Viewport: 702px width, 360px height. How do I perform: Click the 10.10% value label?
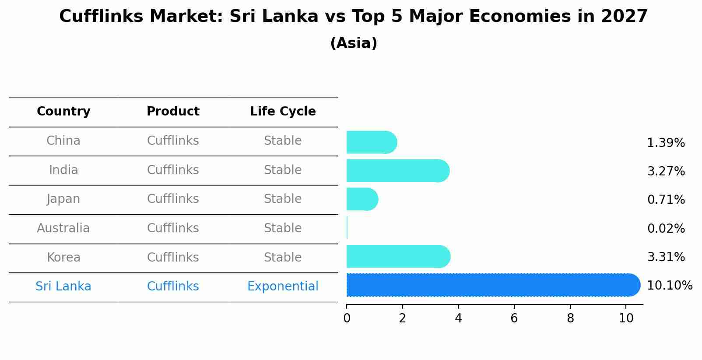pos(669,286)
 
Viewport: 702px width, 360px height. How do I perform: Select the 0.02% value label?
pos(666,228)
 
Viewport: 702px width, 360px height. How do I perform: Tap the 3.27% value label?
pos(666,171)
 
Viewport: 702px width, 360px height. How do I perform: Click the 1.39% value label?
pos(666,143)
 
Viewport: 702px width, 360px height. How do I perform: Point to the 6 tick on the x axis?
pos(514,318)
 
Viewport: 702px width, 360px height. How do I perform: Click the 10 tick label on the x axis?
pos(626,318)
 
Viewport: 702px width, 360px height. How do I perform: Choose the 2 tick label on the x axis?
pos(402,318)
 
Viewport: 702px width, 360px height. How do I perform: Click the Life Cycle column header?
pos(283,112)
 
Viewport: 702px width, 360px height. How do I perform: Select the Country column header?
pos(63,112)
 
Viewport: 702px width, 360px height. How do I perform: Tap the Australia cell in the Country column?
pos(63,228)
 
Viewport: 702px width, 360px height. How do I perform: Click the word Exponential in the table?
pos(283,287)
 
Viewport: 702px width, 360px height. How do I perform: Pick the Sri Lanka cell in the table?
pos(63,287)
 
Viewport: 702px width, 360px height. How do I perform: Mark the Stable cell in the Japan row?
pos(283,199)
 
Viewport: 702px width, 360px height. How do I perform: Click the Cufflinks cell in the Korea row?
pos(173,257)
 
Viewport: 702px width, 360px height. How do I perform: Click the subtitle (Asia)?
pos(354,43)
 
